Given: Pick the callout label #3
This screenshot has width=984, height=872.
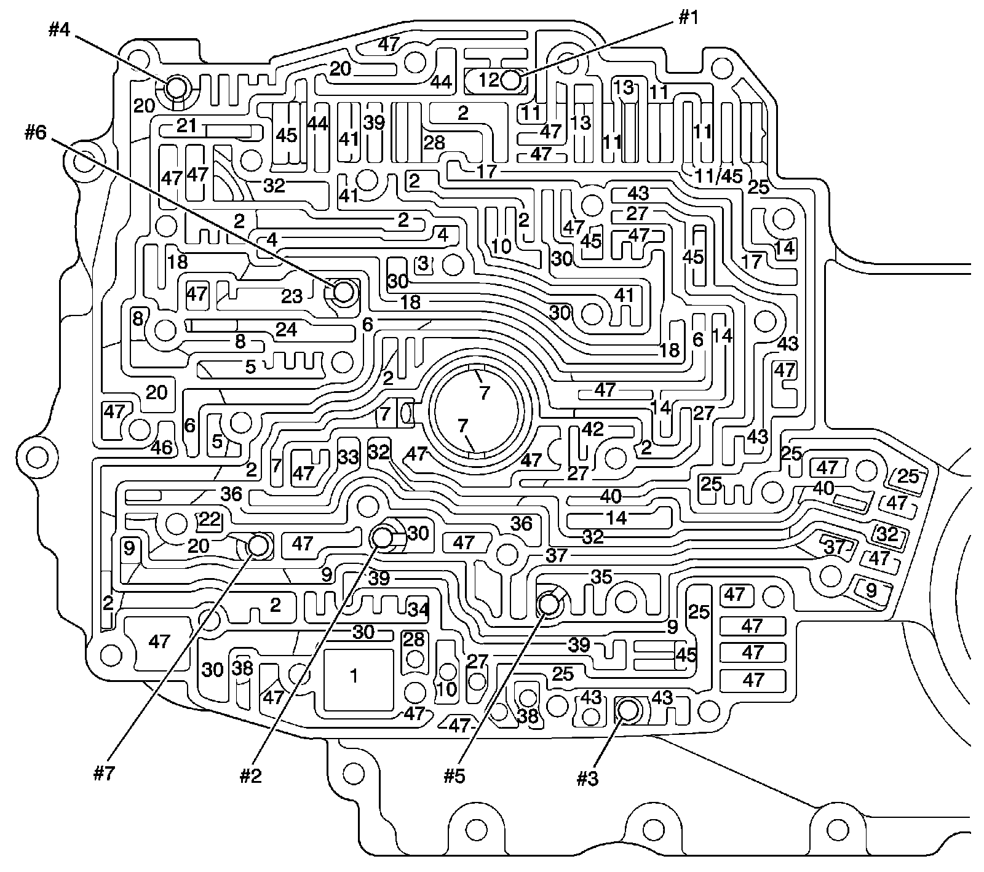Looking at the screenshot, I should point(587,779).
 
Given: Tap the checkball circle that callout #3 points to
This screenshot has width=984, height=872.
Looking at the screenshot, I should point(627,710).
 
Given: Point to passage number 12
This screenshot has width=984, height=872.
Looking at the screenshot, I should point(490,80).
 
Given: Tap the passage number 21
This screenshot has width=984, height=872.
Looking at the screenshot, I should point(187,126).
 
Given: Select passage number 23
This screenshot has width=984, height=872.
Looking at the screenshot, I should point(292,296).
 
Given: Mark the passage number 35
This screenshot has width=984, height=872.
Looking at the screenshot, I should point(601,577).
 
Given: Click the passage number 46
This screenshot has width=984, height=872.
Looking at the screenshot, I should point(162,446).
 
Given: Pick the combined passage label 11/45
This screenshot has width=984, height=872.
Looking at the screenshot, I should point(718,176).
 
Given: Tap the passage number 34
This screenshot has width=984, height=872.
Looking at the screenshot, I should point(418,609).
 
